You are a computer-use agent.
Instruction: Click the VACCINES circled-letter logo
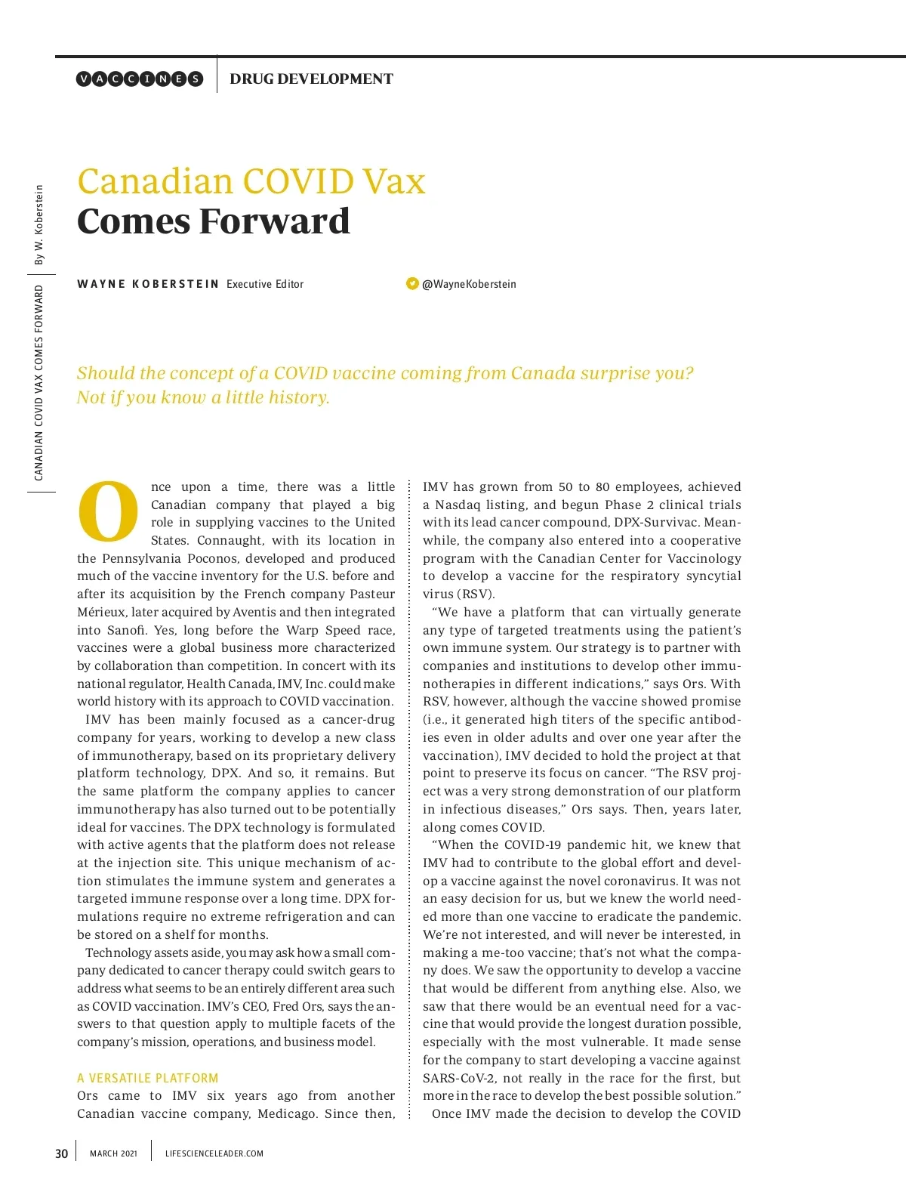pos(140,79)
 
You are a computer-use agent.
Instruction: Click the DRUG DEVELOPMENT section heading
pos(311,79)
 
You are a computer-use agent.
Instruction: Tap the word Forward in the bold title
pos(275,221)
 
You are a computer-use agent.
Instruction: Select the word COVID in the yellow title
pos(297,182)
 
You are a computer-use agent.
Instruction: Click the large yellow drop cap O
pos(108,511)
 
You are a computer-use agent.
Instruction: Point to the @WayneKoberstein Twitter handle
pos(469,284)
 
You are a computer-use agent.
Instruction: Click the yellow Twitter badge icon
pos(412,283)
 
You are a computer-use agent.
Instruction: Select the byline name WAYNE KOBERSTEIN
pos(148,284)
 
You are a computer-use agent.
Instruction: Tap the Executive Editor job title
pos(265,284)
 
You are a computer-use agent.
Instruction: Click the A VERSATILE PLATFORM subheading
pos(147,1078)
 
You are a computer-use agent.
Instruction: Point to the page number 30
pos(62,1153)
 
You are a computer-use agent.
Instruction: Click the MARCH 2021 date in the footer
pos(113,1153)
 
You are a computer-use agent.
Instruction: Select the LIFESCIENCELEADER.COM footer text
pos(214,1153)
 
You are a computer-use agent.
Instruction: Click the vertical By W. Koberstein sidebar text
pos(39,225)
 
